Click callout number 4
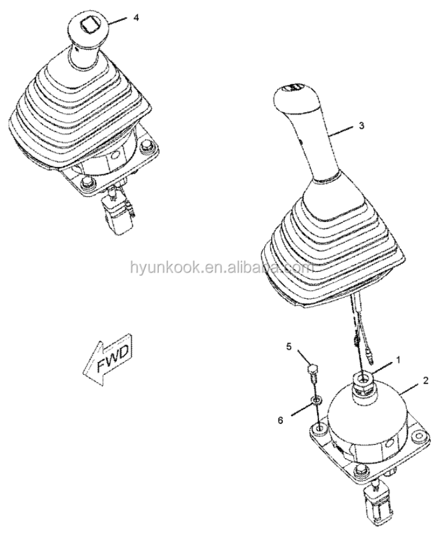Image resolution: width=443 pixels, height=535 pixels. tap(136, 18)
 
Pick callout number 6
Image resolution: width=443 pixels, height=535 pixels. tap(281, 420)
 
